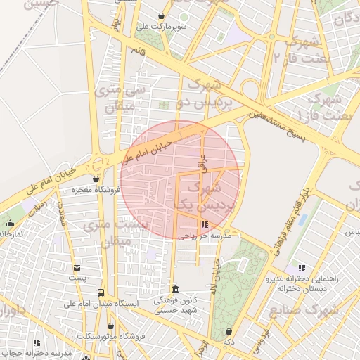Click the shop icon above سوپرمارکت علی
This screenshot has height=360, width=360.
coord(161,15)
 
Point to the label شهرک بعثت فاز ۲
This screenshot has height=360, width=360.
coord(304,49)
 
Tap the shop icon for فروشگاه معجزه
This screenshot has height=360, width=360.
coord(96,179)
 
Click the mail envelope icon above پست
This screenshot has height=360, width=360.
coord(77,267)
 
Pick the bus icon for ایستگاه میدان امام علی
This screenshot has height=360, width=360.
coord(101,292)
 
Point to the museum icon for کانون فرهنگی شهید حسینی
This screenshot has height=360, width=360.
coord(175,290)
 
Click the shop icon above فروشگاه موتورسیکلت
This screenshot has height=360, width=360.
coord(111,326)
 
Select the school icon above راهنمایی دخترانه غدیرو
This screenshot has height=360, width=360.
coord(302,268)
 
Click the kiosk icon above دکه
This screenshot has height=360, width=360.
coord(228,331)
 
